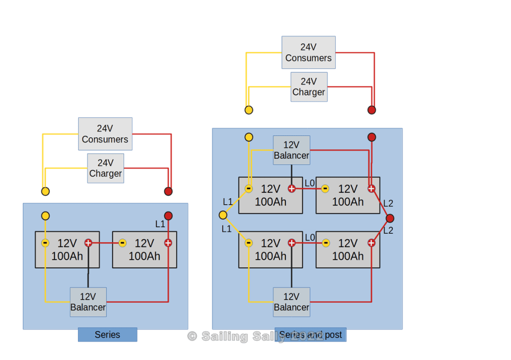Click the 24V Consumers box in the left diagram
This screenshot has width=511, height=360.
click(105, 134)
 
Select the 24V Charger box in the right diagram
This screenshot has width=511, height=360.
click(309, 87)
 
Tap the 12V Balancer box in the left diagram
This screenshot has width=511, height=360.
click(88, 302)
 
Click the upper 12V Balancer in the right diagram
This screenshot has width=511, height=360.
click(291, 150)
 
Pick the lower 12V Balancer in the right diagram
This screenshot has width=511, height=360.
click(291, 302)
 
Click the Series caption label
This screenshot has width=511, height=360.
click(107, 335)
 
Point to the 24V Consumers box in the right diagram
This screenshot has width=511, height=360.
click(308, 52)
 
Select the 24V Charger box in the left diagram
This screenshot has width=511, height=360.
click(105, 168)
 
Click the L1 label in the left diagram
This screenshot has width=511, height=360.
click(160, 224)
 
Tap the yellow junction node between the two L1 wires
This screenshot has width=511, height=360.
click(223, 215)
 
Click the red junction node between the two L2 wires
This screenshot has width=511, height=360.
click(390, 218)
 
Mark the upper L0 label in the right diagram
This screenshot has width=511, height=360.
click(310, 183)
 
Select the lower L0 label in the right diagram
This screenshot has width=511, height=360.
click(310, 238)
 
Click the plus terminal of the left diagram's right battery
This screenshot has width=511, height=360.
click(168, 243)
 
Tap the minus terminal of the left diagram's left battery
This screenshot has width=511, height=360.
click(45, 243)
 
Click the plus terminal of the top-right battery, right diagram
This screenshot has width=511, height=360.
click(371, 189)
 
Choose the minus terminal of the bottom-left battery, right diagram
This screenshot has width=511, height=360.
click(248, 243)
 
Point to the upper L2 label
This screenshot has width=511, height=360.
click(388, 204)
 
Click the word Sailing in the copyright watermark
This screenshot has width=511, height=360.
click(224, 337)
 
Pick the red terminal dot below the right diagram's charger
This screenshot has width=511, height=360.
click(372, 110)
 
